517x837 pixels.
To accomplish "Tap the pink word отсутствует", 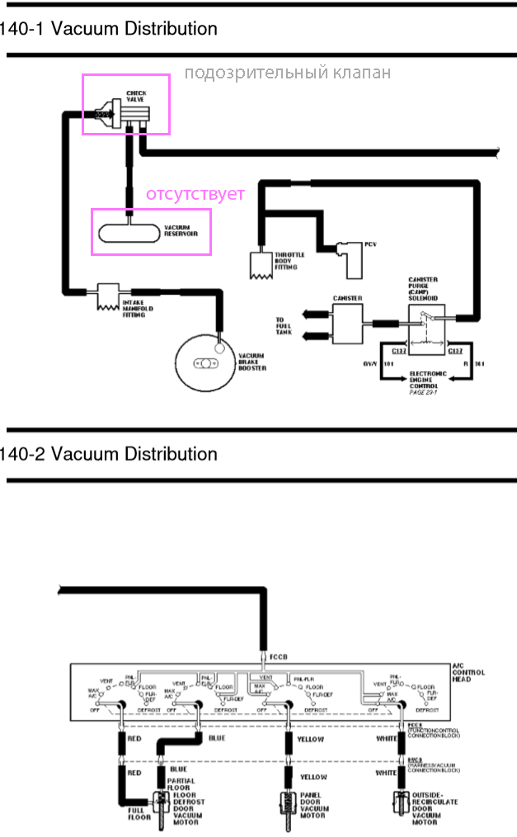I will pyautogui.click(x=195, y=195).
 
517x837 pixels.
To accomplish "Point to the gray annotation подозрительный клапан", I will pyautogui.click(x=287, y=73).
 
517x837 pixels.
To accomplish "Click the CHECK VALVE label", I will pyautogui.click(x=136, y=97).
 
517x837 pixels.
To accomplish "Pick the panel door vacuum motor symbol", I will pyautogui.click(x=287, y=804).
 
